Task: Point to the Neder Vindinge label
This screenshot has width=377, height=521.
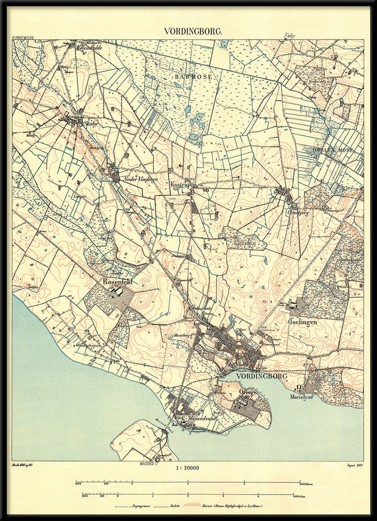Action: (140, 179)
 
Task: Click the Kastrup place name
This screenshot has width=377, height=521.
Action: (180, 185)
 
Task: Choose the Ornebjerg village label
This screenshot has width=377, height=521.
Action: (297, 212)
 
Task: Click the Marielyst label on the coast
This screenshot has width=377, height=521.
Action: (302, 397)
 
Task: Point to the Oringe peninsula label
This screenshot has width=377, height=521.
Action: (248, 392)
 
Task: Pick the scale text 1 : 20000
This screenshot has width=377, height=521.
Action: (187, 468)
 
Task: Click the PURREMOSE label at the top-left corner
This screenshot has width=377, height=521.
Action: (24, 37)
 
